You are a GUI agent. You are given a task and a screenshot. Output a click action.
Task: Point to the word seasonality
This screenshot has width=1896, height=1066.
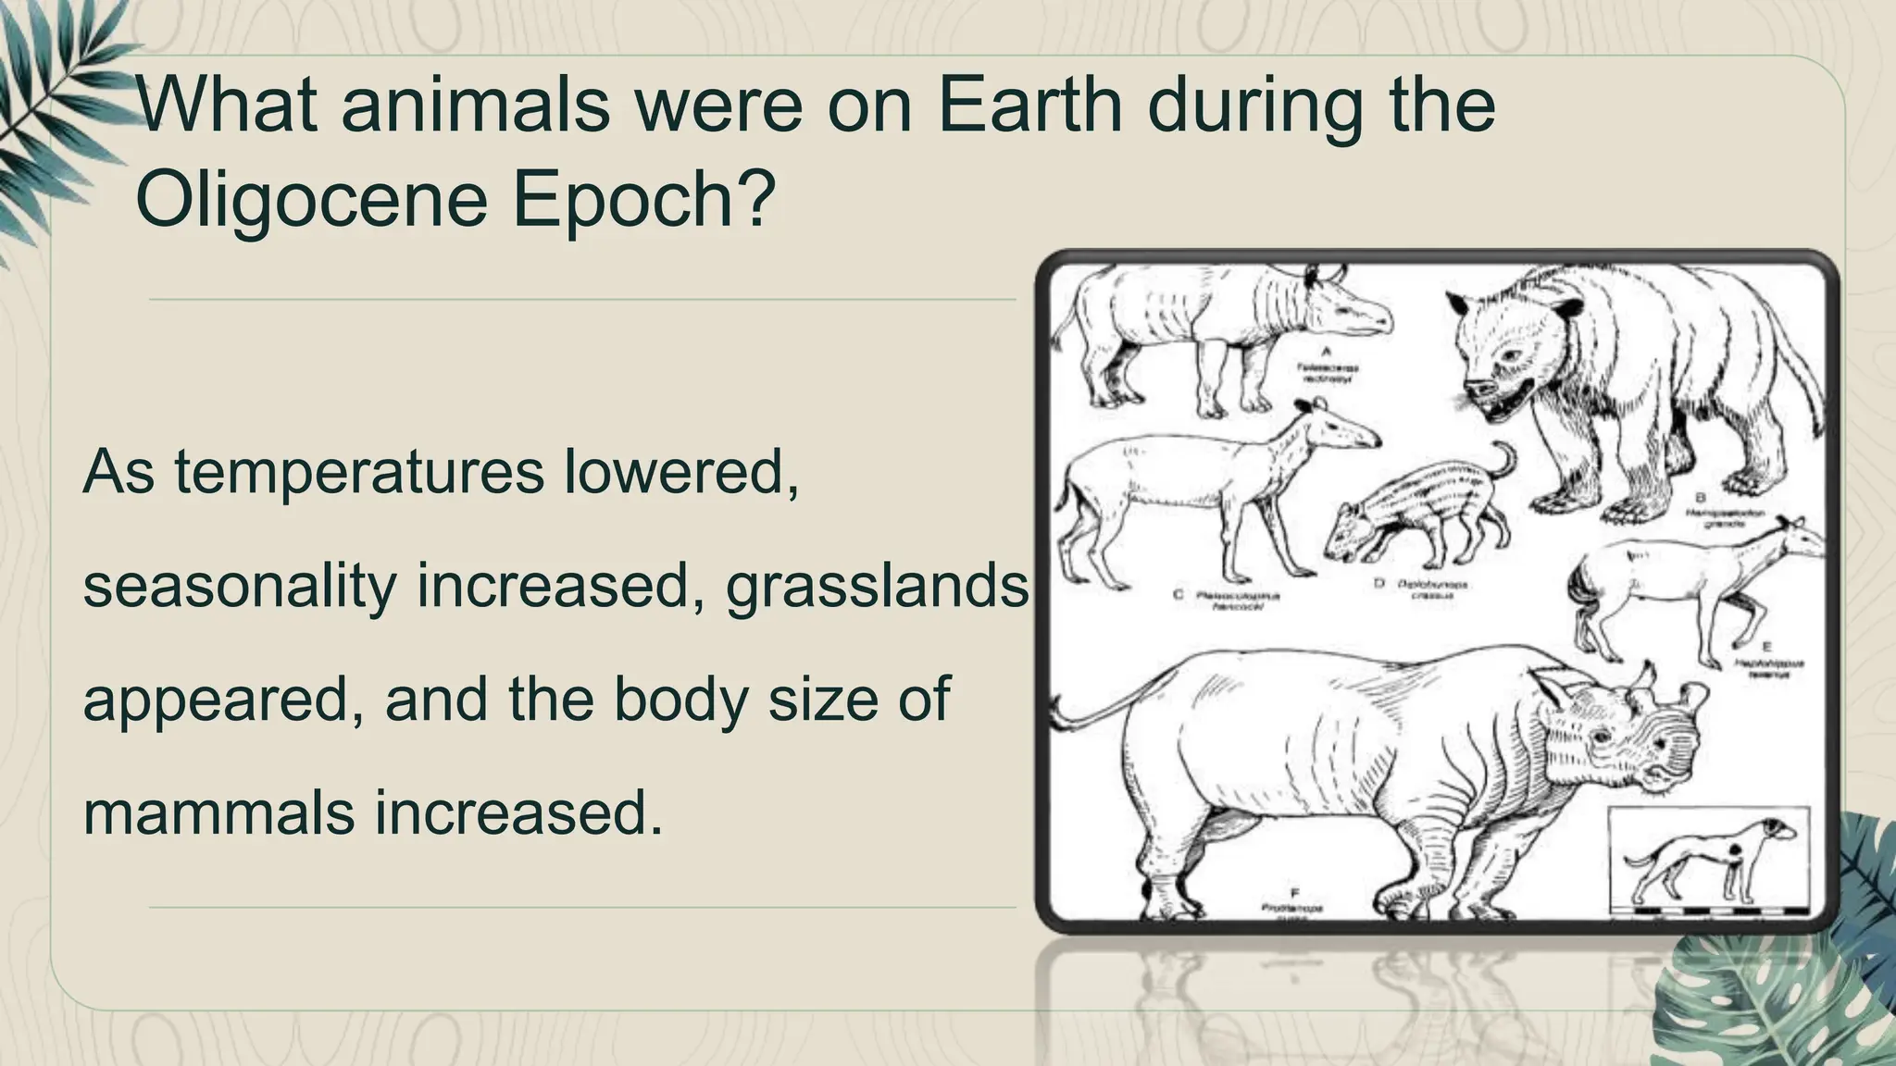(240, 586)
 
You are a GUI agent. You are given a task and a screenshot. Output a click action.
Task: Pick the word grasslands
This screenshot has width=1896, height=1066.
(877, 586)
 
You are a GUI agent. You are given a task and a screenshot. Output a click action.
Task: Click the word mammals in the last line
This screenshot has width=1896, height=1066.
(219, 812)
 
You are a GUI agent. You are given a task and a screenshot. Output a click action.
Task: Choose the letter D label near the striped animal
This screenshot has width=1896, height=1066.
(1378, 584)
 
